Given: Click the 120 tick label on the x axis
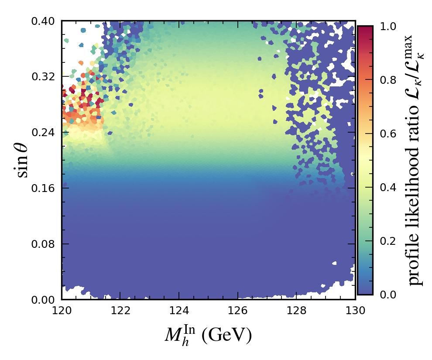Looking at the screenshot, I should coord(62,311).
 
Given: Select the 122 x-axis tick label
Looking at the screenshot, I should coord(120,311).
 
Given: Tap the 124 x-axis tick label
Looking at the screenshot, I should coord(179,311).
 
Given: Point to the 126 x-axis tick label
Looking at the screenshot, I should coord(238,311).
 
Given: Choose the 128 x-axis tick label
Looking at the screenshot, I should coord(296,311).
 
